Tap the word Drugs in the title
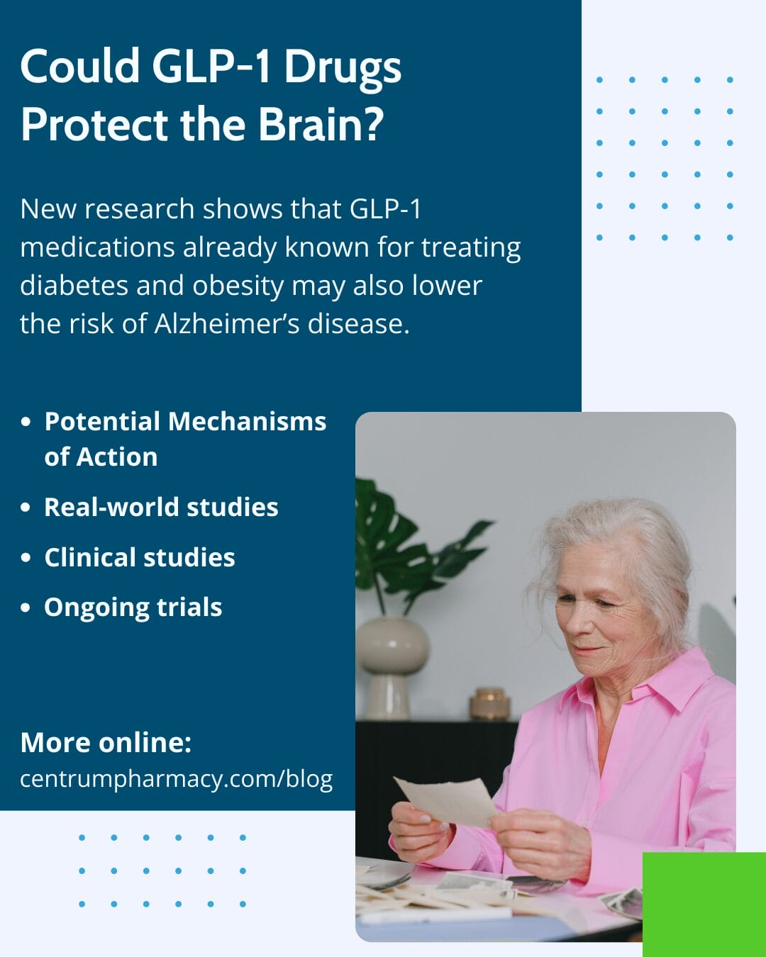coord(343,69)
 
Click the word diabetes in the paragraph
coord(74,285)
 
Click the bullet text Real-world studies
coord(161,507)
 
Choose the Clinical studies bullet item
coord(139,557)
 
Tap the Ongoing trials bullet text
coord(133,608)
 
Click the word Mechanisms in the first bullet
coord(247,421)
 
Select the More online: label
coord(106,742)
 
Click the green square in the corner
coord(704,905)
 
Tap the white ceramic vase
coord(392,667)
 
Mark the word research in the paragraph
coord(139,209)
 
